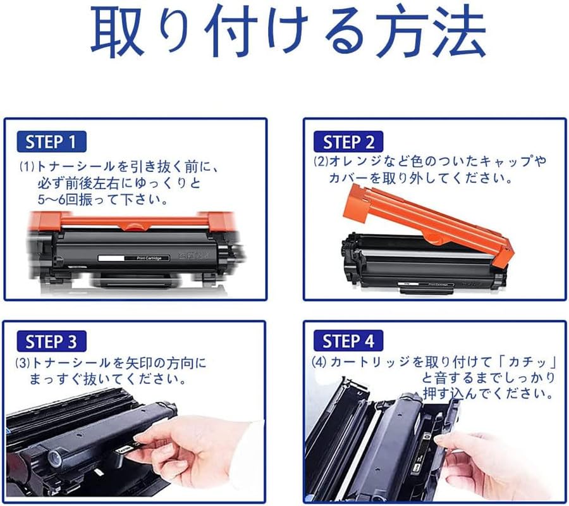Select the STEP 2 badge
pyautogui.click(x=349, y=141)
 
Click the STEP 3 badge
pyautogui.click(x=52, y=342)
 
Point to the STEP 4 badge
pyautogui.click(x=348, y=342)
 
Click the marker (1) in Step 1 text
pyautogui.click(x=27, y=167)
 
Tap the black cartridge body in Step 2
pyautogui.click(x=417, y=266)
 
